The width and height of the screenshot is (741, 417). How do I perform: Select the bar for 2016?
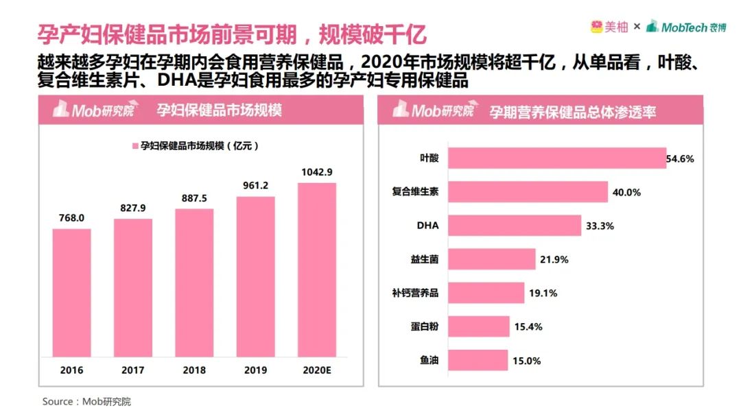coord(71,293)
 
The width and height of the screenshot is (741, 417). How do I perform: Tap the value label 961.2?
coord(255,186)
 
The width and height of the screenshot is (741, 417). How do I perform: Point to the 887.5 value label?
coord(194,198)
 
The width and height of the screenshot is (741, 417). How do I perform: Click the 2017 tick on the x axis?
coord(133,370)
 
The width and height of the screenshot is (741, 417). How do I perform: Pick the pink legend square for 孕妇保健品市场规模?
coord(135,146)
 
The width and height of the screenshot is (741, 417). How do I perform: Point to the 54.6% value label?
coord(680,159)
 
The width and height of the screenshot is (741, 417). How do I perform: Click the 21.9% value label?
coord(554,260)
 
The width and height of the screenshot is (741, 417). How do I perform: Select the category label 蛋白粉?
coord(425,326)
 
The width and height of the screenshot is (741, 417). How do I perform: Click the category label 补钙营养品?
coord(416,293)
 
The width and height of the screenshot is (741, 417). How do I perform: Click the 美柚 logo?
coord(608,27)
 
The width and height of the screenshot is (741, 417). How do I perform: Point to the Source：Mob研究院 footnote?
coord(86,401)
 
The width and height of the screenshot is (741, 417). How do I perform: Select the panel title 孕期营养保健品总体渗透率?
coord(572,110)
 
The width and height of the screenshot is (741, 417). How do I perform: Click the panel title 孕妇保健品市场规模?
coord(219,110)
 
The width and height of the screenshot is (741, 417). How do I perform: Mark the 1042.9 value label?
coord(316,171)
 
